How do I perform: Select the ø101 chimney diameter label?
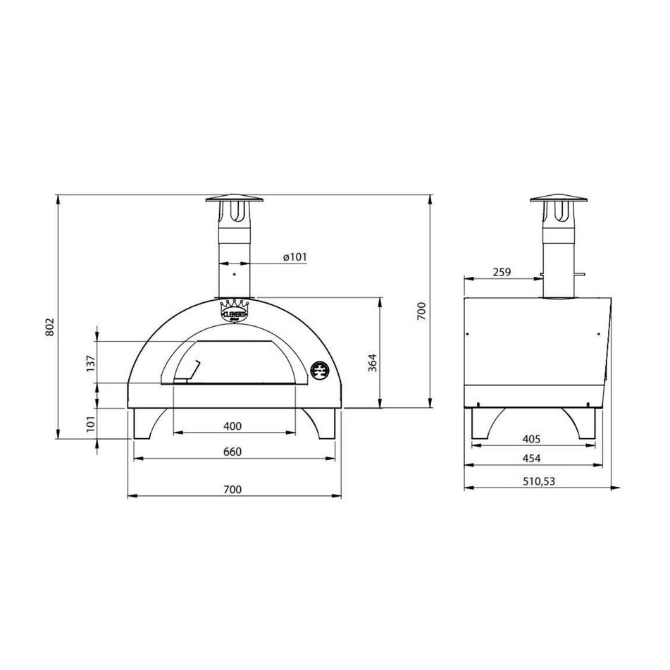[294, 258]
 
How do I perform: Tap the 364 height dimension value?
[373, 361]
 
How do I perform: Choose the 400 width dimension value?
[233, 426]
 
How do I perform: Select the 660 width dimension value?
[233, 452]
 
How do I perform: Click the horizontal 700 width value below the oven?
[233, 489]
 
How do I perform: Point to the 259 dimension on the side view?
[502, 272]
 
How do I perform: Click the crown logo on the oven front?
[235, 310]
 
